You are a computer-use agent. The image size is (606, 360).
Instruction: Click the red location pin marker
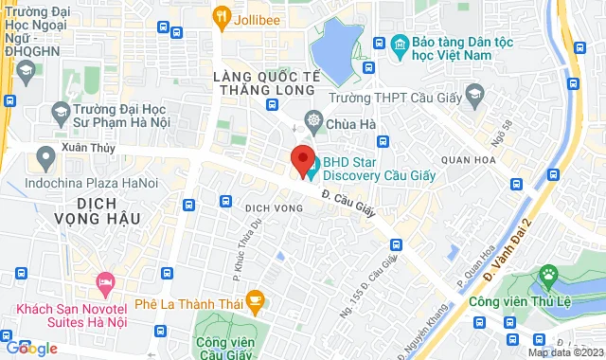tap(303, 160)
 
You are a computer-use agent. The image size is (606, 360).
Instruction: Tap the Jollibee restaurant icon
tap(222, 15)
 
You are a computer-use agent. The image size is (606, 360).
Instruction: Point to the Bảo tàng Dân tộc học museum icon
tap(400, 44)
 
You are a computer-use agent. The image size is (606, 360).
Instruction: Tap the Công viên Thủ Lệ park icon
tap(546, 276)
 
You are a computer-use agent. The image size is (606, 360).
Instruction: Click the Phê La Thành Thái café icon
tap(254, 302)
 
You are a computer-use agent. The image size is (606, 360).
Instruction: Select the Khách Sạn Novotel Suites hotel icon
tap(105, 282)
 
